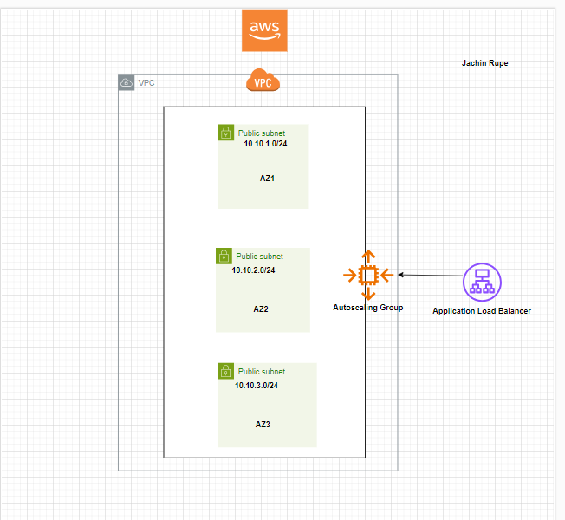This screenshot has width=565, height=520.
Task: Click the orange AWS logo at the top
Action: pos(264,30)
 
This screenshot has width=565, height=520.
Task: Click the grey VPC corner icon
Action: pos(127,82)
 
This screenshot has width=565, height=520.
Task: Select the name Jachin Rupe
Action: pos(485,63)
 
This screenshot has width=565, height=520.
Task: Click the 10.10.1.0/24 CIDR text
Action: pos(265,145)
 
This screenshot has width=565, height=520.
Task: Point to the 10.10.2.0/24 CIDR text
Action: pos(253,270)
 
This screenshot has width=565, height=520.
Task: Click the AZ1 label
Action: pos(267,178)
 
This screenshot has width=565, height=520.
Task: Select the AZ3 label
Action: pos(263,424)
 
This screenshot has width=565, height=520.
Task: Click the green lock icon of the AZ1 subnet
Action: pos(225,133)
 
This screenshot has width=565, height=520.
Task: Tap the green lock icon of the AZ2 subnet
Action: pos(224,256)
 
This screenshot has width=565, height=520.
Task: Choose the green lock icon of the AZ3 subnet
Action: pos(225,371)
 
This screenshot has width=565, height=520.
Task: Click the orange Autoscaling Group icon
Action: pos(368,276)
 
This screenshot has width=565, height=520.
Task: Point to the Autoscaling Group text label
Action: pos(368,308)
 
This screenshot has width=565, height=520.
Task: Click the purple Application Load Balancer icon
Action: pos(483,282)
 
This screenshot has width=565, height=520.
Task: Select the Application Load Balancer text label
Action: pos(482,310)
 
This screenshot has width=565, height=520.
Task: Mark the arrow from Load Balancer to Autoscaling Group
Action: pos(430,276)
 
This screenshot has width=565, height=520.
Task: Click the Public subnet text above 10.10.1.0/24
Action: pos(261,133)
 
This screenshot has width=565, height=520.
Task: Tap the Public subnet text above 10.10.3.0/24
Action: pos(261,371)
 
